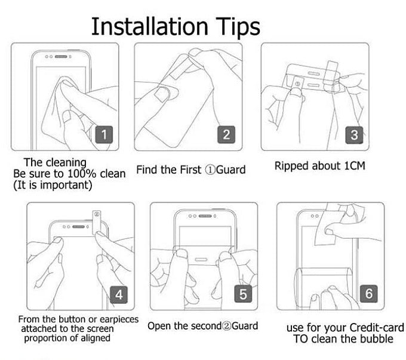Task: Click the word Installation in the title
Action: coord(150,26)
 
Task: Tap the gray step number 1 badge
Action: coord(104,135)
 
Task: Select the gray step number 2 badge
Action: coord(226,135)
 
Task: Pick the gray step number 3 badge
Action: coord(354,135)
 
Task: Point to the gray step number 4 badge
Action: coord(119,295)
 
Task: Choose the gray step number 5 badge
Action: coord(243,294)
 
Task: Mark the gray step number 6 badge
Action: coord(369,294)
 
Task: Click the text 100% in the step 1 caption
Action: coord(82,174)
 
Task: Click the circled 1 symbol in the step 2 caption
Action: coord(210,170)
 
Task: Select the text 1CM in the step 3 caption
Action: coord(355,166)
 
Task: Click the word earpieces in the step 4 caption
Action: coord(119,319)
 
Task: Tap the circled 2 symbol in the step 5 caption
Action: coord(226,326)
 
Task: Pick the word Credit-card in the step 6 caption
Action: coord(377,328)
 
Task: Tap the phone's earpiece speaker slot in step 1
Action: coord(61,57)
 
